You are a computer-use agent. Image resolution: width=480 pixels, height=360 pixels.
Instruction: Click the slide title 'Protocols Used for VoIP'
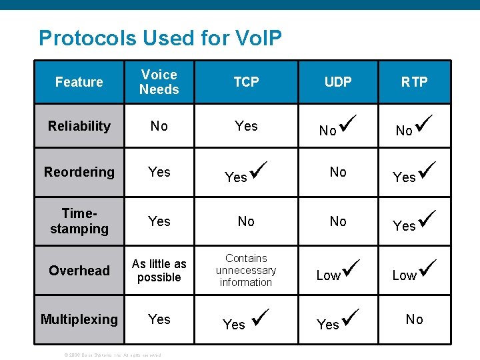pos(160,38)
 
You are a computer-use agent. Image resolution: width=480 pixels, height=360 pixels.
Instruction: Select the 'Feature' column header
pos(79,82)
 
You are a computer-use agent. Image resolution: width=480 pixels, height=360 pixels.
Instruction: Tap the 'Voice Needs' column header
pos(159,82)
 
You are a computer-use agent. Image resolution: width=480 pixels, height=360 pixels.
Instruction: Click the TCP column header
pos(246,82)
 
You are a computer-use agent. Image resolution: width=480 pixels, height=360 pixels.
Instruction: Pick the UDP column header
pos(338,82)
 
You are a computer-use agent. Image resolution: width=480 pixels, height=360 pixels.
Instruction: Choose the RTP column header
pos(414,82)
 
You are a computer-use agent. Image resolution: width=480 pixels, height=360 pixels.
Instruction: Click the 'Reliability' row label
pos(79,126)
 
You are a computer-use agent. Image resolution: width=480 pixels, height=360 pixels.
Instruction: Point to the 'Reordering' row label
pos(79,172)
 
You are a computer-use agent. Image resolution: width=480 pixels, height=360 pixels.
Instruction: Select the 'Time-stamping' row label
pos(79,221)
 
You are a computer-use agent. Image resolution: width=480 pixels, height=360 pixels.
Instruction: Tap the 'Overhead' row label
pos(79,270)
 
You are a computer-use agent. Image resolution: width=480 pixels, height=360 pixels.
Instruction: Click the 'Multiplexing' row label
pos(79,319)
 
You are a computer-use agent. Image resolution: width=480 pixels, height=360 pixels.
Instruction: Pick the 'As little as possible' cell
pos(159,270)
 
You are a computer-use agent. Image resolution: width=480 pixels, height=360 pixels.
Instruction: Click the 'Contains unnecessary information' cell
pos(246,270)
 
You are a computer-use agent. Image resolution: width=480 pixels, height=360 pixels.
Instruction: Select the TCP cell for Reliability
pos(246,126)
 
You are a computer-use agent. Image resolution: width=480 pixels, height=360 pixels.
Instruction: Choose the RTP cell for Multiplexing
pos(414,319)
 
